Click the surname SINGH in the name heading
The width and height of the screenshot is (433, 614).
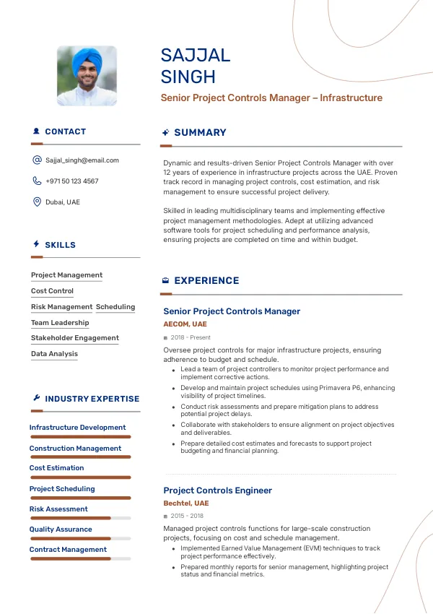click(188, 77)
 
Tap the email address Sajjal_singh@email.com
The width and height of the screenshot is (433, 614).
click(82, 160)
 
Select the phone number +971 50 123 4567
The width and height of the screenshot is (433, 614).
click(71, 181)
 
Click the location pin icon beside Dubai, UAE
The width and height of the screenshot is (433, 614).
click(37, 202)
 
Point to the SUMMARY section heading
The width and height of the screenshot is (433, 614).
click(200, 133)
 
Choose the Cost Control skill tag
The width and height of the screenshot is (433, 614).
click(52, 291)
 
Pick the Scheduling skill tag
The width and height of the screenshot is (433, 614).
click(115, 307)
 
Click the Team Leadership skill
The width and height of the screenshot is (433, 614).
click(60, 323)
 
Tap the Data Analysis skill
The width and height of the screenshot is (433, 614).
click(54, 354)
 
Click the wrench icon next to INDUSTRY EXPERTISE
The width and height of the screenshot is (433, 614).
click(37, 398)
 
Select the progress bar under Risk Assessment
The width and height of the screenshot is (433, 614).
click(80, 518)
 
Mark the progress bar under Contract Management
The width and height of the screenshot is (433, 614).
click(80, 558)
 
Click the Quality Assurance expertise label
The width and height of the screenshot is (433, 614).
click(61, 529)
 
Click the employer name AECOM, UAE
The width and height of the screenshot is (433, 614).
click(185, 324)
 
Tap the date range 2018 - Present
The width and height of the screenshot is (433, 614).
click(191, 337)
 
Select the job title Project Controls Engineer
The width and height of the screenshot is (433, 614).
click(217, 490)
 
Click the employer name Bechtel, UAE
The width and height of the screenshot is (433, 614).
click(185, 503)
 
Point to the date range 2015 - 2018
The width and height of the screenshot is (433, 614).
click(187, 516)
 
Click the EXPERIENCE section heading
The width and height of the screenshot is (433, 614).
click(206, 281)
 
